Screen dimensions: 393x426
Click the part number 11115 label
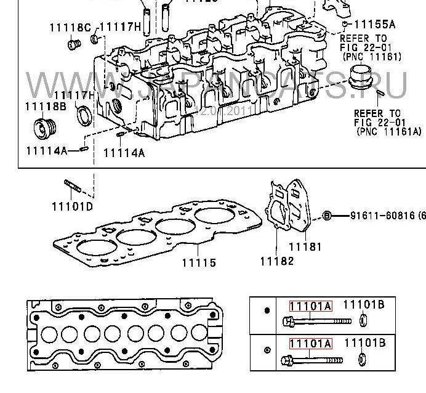pyautogui.click(x=198, y=262)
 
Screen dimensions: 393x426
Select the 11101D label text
pyautogui.click(x=72, y=207)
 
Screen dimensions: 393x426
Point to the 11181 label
pyautogui.click(x=306, y=247)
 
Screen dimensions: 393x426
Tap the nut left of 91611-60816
pyautogui.click(x=328, y=215)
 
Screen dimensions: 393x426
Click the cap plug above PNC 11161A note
pyautogui.click(x=358, y=79)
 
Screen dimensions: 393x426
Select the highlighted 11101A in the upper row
pyautogui.click(x=311, y=305)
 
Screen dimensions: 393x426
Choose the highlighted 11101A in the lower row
pyautogui.click(x=311, y=344)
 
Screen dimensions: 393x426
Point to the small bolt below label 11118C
pyautogui.click(x=75, y=44)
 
